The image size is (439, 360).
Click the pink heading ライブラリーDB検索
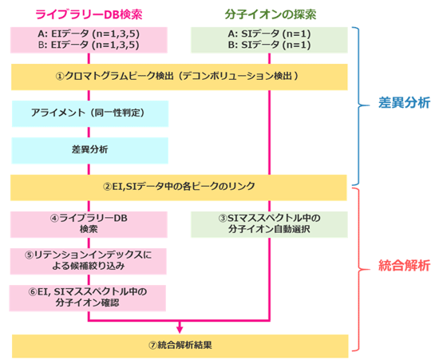pos(90,14)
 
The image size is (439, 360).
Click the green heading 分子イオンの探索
pos(271,14)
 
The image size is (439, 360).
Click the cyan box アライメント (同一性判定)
pos(90,113)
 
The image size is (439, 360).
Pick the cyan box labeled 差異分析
pos(90,149)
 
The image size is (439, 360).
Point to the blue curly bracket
pos(364,104)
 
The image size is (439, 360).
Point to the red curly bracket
pos(364,266)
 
